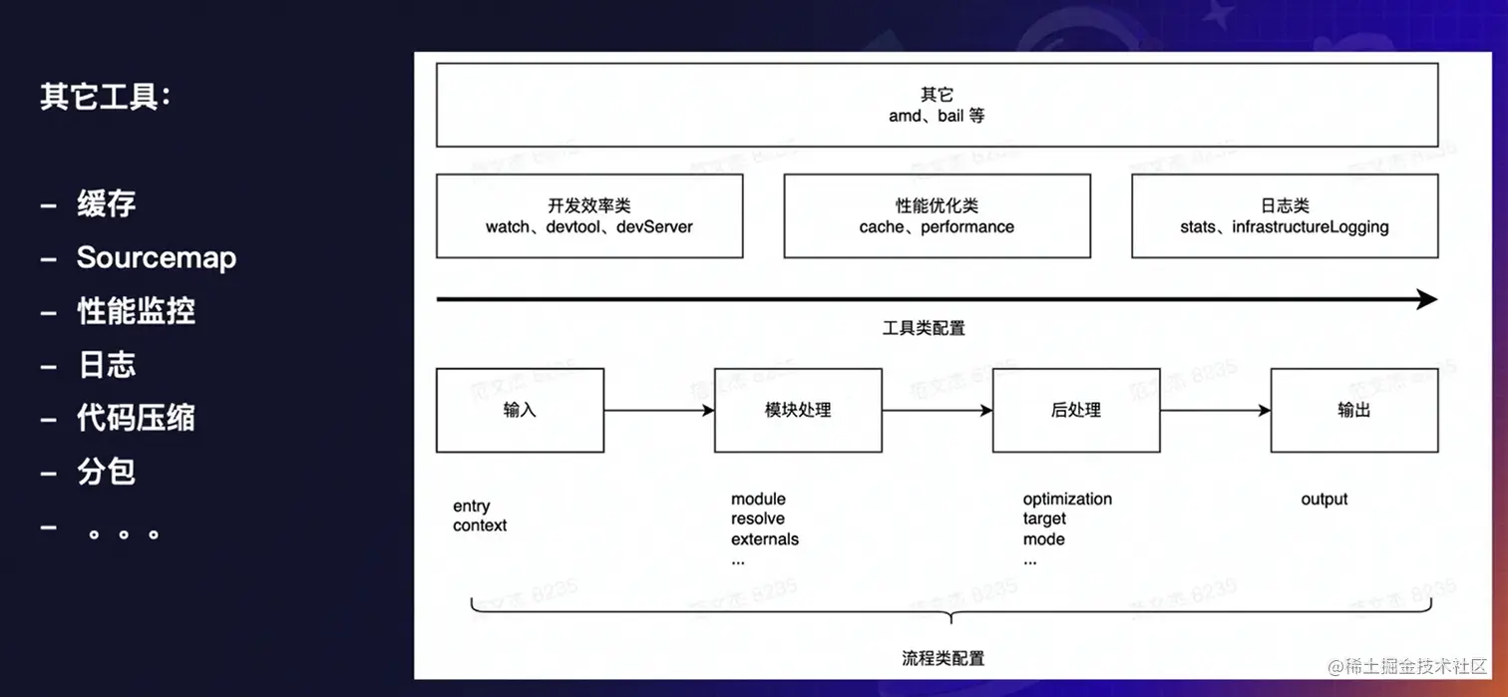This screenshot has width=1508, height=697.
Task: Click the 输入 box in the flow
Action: (x=520, y=410)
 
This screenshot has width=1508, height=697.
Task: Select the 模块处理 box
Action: (x=798, y=410)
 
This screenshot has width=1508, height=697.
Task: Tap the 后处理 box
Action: (x=1075, y=410)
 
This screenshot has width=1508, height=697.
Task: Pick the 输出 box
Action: (x=1353, y=410)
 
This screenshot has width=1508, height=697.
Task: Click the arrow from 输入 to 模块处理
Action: (x=658, y=410)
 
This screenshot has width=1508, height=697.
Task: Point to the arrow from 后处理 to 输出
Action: (x=1215, y=410)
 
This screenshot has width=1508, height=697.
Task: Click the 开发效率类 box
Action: (x=588, y=215)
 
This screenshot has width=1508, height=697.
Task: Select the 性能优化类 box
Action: (x=937, y=215)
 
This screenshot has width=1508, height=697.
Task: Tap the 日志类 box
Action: (x=1285, y=215)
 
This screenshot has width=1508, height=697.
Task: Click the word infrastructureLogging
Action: (x=1310, y=227)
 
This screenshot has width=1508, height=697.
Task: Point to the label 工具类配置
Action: (x=924, y=328)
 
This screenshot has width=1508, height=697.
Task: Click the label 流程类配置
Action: (x=942, y=658)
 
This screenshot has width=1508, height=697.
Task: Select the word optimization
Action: (x=1067, y=499)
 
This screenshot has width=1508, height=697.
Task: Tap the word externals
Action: (x=765, y=539)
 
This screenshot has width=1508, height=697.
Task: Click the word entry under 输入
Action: (x=471, y=507)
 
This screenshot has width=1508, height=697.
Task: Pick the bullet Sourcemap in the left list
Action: (x=157, y=257)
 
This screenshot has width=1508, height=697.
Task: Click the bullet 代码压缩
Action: (x=136, y=418)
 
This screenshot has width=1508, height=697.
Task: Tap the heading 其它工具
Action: (x=105, y=98)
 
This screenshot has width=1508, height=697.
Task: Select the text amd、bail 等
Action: (x=937, y=116)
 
